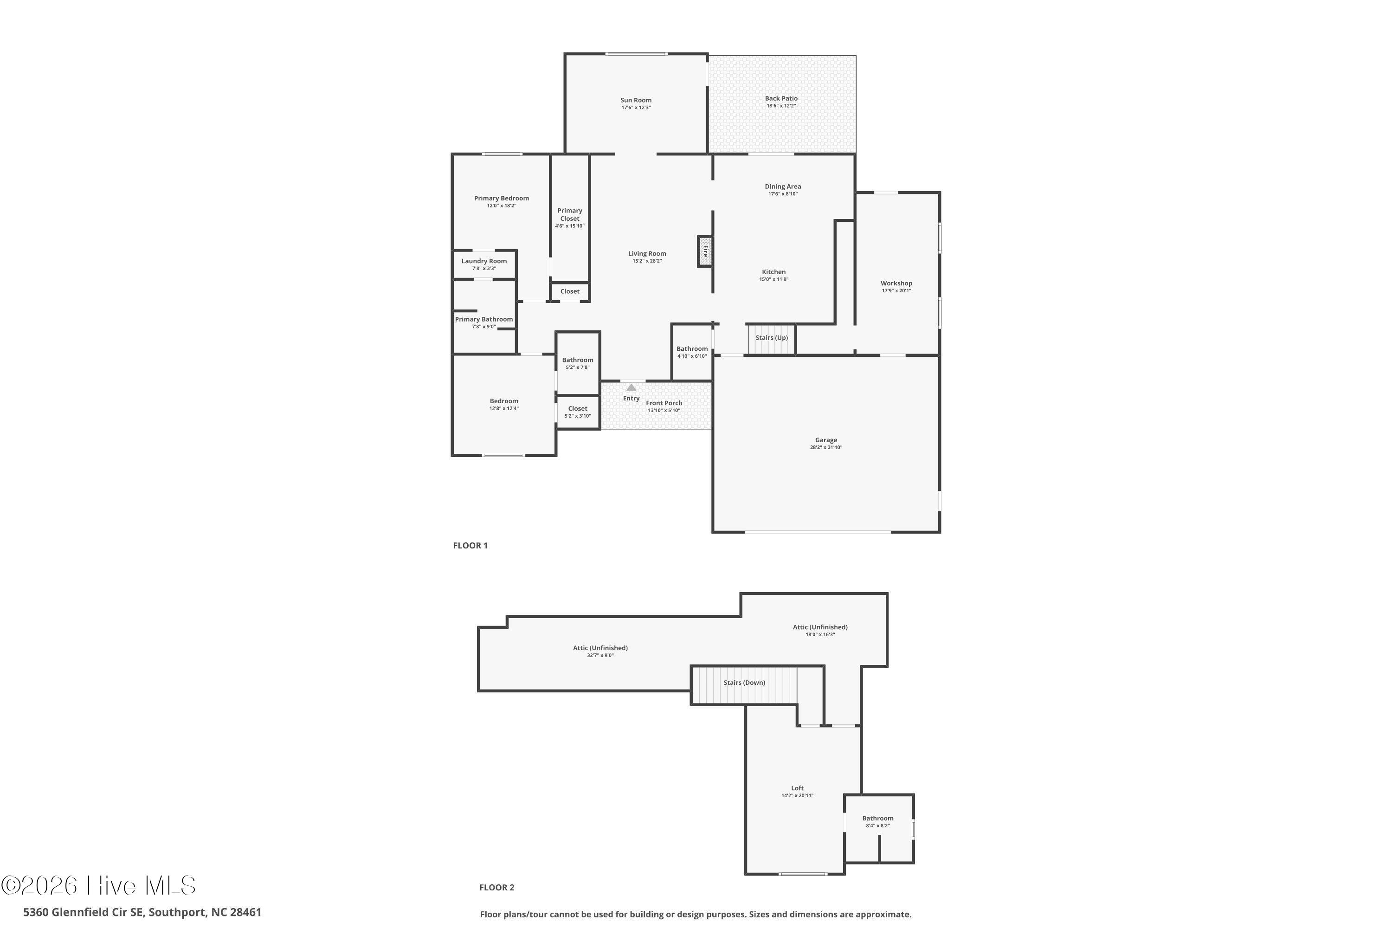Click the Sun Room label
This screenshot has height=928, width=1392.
click(636, 100)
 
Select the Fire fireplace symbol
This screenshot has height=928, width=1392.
click(705, 251)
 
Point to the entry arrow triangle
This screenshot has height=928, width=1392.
click(631, 387)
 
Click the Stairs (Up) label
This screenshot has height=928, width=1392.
click(771, 338)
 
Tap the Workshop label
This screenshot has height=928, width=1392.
click(896, 284)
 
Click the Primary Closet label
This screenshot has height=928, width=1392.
click(569, 214)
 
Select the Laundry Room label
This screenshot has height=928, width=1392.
click(483, 261)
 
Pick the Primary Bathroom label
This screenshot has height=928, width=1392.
click(483, 320)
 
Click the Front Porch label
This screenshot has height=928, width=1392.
click(664, 403)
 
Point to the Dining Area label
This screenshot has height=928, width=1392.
click(782, 187)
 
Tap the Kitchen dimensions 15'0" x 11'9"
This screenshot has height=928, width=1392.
click(773, 279)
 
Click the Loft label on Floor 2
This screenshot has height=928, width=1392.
click(797, 788)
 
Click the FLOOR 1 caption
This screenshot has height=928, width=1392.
click(470, 546)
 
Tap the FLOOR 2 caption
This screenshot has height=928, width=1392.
click(496, 887)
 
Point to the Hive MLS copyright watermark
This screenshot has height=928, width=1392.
click(98, 886)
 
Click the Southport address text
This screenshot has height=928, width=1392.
click(142, 912)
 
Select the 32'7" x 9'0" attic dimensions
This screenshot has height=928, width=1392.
click(600, 655)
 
